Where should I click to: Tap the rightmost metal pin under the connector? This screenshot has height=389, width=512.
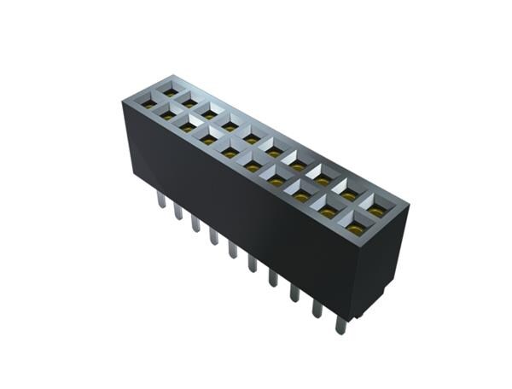pyautogui.click(x=339, y=322)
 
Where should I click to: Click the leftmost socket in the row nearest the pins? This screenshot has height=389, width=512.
pyautogui.click(x=148, y=104)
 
